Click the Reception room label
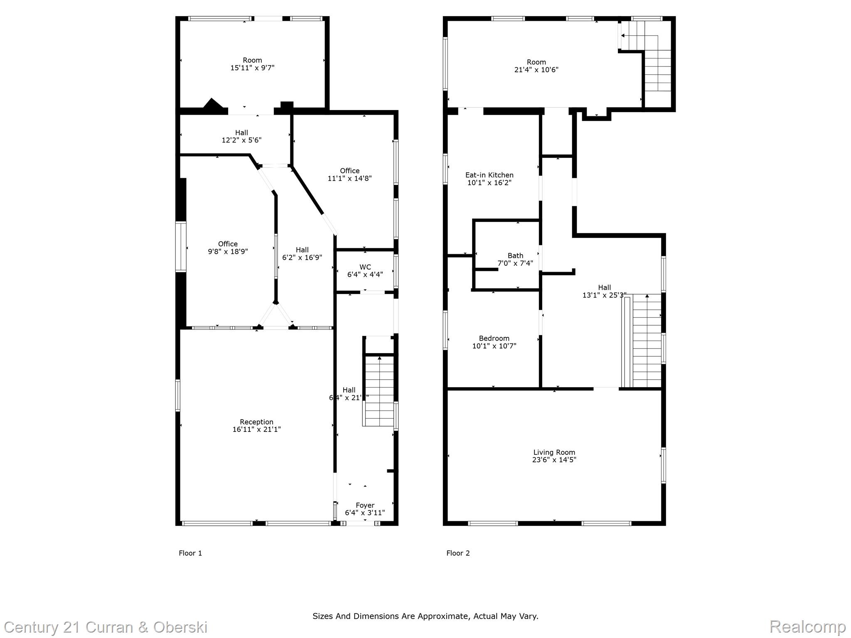[x=256, y=422]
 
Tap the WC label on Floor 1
[x=365, y=267]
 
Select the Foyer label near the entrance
[x=365, y=505]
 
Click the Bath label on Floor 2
[x=515, y=255]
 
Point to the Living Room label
[x=554, y=452]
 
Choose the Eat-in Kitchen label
[x=489, y=175]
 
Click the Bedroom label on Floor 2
[x=494, y=338]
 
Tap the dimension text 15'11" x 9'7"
[x=252, y=68]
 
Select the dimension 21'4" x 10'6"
[x=536, y=70]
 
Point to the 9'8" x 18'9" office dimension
[x=228, y=251]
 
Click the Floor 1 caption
[x=190, y=553]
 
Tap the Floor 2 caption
[x=458, y=553]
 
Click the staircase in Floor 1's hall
[x=379, y=390]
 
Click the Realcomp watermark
[x=807, y=626]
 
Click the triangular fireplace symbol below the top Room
[x=212, y=104]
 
